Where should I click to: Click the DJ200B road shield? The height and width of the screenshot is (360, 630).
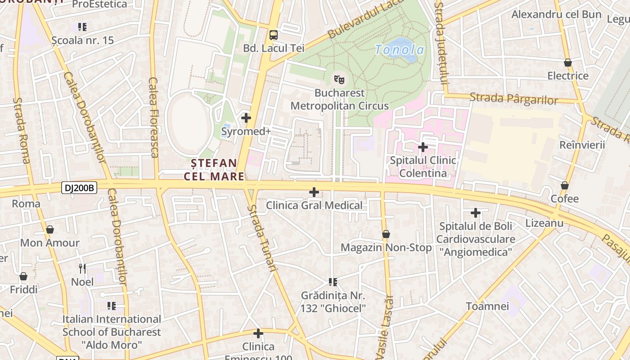(79, 188)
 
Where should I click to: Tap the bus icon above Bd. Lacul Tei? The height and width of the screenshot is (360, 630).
(273, 35)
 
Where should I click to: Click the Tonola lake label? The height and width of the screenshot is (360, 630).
(400, 50)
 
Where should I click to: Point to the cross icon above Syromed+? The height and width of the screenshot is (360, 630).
(246, 118)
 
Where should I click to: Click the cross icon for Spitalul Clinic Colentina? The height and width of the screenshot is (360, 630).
(423, 147)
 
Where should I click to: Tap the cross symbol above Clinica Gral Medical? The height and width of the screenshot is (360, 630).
(314, 192)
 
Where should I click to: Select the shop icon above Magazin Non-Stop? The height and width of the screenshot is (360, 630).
(386, 234)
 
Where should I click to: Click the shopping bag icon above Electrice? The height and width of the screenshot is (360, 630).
(567, 63)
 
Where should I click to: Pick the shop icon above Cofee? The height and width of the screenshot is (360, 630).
(565, 185)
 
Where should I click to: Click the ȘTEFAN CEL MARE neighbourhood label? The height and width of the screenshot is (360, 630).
(214, 170)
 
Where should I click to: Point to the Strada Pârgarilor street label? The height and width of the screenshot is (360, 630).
(514, 99)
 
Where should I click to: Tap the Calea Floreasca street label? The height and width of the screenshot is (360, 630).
(153, 117)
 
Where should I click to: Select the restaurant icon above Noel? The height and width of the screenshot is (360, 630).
(82, 269)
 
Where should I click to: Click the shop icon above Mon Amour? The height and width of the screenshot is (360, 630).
(50, 229)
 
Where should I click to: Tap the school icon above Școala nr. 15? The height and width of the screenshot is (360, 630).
(82, 27)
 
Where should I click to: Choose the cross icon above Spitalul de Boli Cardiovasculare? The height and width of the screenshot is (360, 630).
(475, 212)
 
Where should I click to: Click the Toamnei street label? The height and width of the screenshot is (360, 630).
(487, 306)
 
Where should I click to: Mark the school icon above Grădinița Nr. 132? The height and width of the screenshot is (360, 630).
(333, 282)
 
